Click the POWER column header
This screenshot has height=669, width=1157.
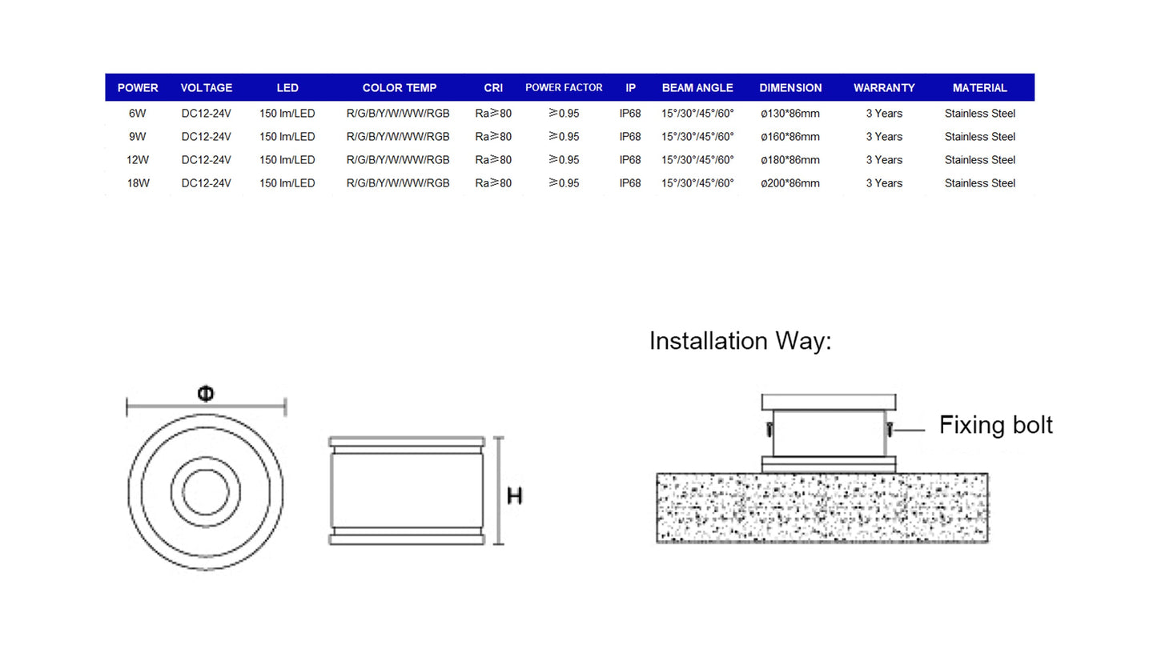click(138, 88)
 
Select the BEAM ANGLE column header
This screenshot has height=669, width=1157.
click(697, 88)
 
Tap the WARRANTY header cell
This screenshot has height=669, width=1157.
click(883, 88)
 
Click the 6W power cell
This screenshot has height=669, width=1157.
click(138, 114)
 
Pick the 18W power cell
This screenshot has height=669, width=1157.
click(138, 183)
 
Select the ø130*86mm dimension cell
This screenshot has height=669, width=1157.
click(789, 114)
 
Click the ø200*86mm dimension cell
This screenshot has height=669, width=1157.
click(789, 183)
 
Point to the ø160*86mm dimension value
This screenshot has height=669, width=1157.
click(789, 137)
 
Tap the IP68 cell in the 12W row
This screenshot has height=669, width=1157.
click(630, 160)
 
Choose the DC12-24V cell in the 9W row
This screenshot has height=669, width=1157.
click(206, 137)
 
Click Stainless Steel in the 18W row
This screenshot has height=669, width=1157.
click(979, 183)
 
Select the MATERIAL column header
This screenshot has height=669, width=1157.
click(979, 88)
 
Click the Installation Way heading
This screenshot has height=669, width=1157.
click(740, 341)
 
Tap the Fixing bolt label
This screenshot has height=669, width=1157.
click(995, 425)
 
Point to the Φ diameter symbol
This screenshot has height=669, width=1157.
click(206, 394)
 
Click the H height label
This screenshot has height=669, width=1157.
click(515, 496)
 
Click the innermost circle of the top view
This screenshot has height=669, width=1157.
click(206, 492)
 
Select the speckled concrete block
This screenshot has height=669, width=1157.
click(822, 508)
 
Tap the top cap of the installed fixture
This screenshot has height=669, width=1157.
click(828, 402)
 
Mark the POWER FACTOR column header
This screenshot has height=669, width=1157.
click(563, 88)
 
